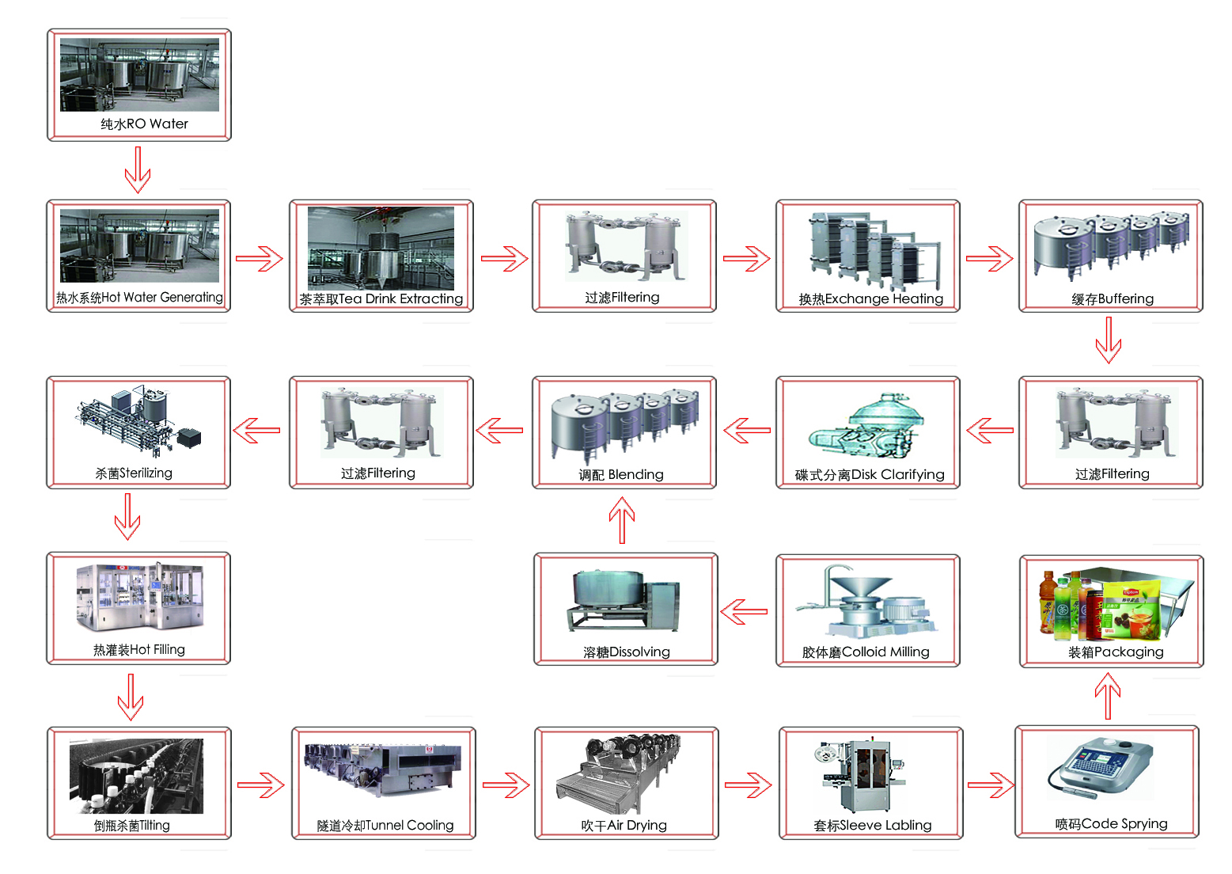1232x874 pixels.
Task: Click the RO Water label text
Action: pos(144,124)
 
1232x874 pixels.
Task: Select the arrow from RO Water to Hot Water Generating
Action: pos(138,169)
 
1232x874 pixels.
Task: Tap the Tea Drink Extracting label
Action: pos(381,299)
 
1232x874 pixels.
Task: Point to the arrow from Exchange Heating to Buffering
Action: pos(989,258)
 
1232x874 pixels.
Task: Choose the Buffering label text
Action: pos(1112,299)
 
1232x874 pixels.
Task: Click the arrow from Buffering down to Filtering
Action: pos(1109,340)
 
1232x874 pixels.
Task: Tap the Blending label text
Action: pos(621,475)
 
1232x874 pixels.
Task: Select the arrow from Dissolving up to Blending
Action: pos(622,519)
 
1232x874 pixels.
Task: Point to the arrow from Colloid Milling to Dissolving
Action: pos(744,611)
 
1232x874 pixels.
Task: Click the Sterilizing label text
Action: pos(134,473)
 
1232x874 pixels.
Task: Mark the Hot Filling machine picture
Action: pos(140,598)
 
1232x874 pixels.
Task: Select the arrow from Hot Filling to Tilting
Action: pos(131,697)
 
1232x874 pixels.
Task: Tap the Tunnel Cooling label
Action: pos(385,826)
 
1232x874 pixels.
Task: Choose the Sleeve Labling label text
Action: pos(872,826)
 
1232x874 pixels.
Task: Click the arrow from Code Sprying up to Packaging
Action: pos(1108,695)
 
